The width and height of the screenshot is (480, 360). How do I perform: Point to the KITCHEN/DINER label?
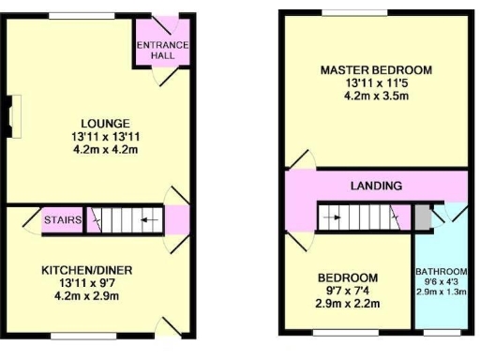point(85,270)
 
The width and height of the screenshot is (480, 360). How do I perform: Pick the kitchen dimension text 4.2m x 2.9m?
point(85,296)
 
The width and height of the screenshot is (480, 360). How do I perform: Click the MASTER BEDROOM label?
point(375,70)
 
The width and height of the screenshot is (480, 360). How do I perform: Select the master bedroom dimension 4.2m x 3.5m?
point(375,96)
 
